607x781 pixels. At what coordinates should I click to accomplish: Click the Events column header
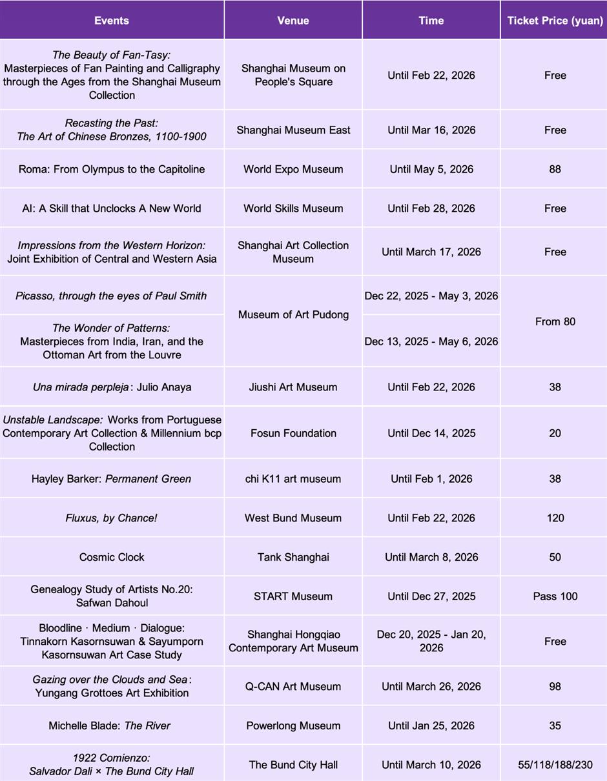[x=112, y=21]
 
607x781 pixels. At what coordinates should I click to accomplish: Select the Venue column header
[x=293, y=21]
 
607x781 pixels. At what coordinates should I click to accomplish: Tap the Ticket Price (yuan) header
[x=555, y=21]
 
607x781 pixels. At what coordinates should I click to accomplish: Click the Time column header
[x=431, y=21]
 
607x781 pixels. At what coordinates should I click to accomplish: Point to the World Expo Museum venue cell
[x=293, y=169]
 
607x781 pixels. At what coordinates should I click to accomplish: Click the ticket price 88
[x=555, y=169]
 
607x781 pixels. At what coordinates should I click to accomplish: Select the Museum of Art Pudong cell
[x=293, y=315]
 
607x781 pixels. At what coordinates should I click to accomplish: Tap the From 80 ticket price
[x=555, y=321]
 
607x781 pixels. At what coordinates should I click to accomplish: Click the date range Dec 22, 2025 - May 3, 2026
[x=431, y=296]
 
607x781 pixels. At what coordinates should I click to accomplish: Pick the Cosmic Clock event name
[x=112, y=557]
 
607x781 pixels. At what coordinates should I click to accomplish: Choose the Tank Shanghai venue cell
[x=293, y=557]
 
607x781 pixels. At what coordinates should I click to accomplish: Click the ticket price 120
[x=555, y=518]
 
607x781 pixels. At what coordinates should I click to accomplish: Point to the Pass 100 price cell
[x=555, y=596]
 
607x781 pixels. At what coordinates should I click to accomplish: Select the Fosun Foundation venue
[x=293, y=433]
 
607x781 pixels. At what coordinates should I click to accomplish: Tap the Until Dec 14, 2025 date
[x=431, y=433]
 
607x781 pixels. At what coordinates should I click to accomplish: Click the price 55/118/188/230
[x=555, y=765]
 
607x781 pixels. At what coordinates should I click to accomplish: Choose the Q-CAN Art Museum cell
[x=293, y=686]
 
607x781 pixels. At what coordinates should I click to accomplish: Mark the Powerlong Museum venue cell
[x=293, y=725]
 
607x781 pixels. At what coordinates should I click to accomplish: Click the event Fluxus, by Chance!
[x=112, y=518]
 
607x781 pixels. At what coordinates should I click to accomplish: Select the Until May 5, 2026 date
[x=431, y=169]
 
